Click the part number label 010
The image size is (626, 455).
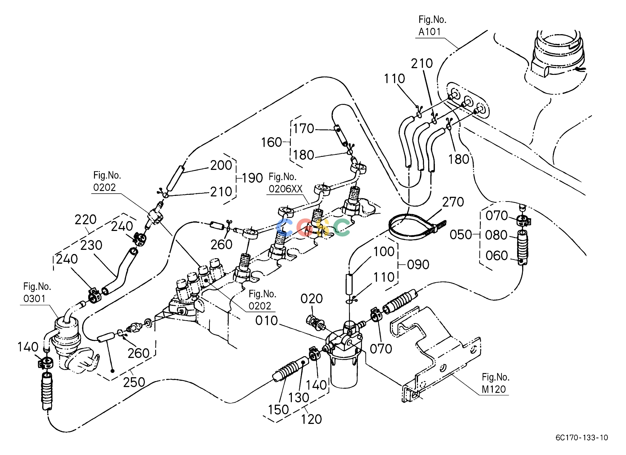click(x=266, y=321)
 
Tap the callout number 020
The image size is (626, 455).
click(x=312, y=299)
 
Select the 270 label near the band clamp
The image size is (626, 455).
click(x=453, y=202)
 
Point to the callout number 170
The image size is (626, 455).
click(x=304, y=129)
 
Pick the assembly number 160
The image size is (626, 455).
click(x=272, y=142)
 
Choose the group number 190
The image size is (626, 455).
click(x=252, y=178)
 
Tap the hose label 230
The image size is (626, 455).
click(x=91, y=245)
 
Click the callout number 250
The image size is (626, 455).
click(x=134, y=382)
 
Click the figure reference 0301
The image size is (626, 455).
click(x=34, y=299)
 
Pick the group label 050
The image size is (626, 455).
click(x=461, y=235)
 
